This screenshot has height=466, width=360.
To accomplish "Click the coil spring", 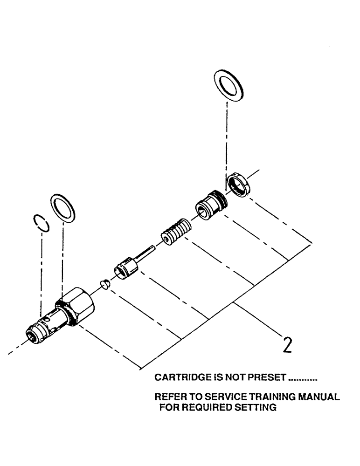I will [176, 231].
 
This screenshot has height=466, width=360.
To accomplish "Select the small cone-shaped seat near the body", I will [106, 284].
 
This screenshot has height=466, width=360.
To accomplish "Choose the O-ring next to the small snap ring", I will [62, 208].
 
